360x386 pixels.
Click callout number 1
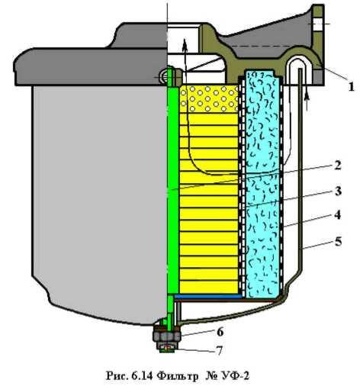click(x=351, y=87)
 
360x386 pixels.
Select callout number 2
click(x=337, y=166)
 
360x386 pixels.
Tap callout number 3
click(x=338, y=191)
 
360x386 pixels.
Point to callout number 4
click(x=337, y=215)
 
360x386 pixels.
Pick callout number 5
click(x=338, y=241)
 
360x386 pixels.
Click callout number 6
click(x=220, y=332)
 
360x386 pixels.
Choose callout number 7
click(x=219, y=351)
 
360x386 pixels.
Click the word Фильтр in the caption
click(x=178, y=376)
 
